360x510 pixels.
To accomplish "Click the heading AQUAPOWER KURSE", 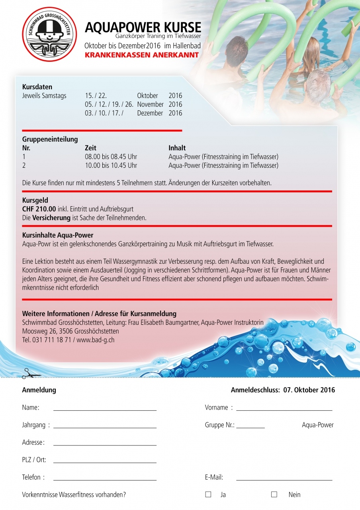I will pos(143,27).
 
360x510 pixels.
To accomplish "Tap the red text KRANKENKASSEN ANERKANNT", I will pos(141,55).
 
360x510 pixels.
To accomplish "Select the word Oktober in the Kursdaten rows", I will pos(147,96).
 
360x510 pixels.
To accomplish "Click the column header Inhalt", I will pos(177,148).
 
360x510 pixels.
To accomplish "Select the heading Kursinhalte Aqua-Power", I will pos(58,235).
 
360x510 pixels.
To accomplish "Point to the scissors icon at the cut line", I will pos(27,374).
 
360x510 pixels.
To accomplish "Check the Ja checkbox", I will pos(208,494).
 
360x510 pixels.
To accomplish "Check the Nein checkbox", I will pos(274,494).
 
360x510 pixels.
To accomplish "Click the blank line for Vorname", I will pos(284,409).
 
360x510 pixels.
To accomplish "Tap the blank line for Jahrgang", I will pos(105,427).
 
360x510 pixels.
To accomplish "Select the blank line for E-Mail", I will pos(284,479).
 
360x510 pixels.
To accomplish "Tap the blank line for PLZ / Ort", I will pos(105,462).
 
